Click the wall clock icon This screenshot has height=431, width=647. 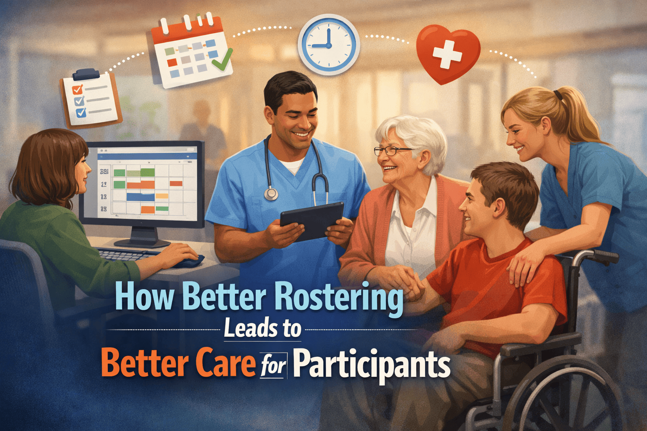pyautogui.click(x=329, y=44)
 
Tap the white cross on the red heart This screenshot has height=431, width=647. pyautogui.click(x=447, y=54)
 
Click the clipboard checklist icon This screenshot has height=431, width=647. pyautogui.click(x=91, y=99)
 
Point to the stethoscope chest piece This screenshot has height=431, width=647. pyautogui.click(x=271, y=194)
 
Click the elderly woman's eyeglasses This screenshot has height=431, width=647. pyautogui.click(x=392, y=151)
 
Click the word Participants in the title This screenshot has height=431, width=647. pyautogui.click(x=372, y=364)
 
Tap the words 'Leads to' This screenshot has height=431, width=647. pyautogui.click(x=262, y=329)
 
